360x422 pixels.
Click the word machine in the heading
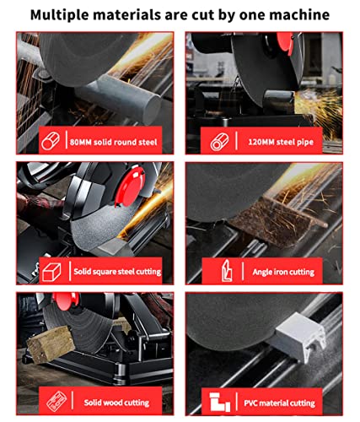click(298, 14)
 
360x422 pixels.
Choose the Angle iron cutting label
click(283, 272)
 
